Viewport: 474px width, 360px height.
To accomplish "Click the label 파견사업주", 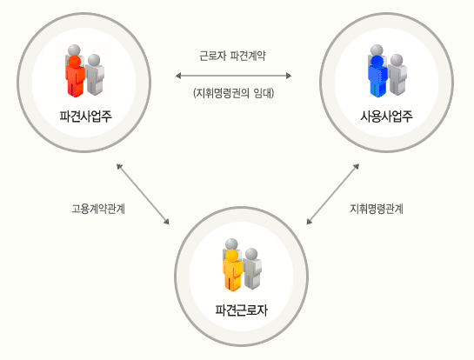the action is (x=85, y=116).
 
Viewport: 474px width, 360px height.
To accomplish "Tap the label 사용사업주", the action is (x=386, y=116).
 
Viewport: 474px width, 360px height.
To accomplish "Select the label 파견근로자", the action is (x=241, y=310).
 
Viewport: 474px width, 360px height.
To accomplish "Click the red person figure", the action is (x=75, y=77).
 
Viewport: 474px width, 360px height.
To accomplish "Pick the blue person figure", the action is (x=377, y=77).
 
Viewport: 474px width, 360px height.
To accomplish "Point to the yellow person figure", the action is (x=232, y=270).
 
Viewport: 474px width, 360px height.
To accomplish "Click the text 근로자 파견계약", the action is (x=232, y=56).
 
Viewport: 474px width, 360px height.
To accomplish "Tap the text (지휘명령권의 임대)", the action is (x=233, y=93).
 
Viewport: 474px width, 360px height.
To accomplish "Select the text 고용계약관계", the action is (x=98, y=209).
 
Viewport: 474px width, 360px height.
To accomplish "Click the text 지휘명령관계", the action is (x=377, y=209).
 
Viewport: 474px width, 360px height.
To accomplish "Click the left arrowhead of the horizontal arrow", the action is (x=178, y=76).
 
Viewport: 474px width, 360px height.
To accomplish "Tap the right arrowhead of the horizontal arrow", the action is (x=289, y=76).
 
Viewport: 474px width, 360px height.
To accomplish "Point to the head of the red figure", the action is (x=75, y=62).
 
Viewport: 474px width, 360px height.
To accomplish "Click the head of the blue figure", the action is (x=377, y=62).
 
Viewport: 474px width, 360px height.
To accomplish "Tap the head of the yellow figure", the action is (x=232, y=256).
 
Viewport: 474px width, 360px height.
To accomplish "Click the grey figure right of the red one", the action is (x=95, y=75).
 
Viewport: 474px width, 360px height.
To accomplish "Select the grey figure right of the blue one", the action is (x=397, y=75).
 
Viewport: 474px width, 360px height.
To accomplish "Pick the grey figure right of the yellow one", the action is (x=252, y=269).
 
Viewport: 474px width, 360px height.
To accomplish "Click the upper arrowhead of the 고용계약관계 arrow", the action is (x=119, y=167).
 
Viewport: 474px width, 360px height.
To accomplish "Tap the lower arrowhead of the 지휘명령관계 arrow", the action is (x=309, y=222).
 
